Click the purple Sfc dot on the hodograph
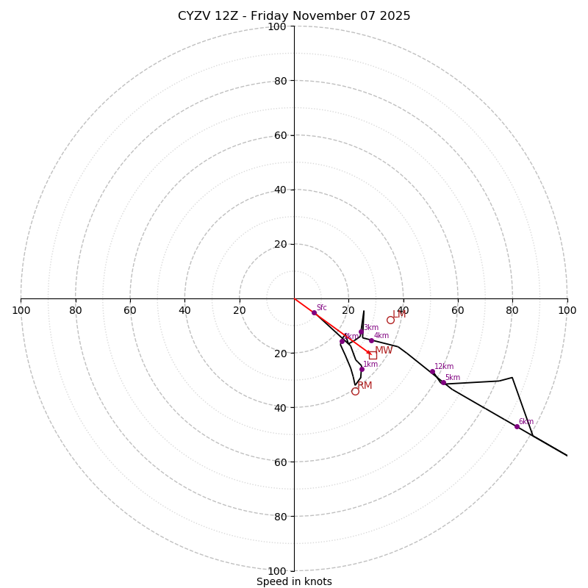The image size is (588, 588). click(314, 312)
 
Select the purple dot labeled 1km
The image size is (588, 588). click(362, 369)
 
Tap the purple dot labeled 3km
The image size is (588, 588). click(361, 332)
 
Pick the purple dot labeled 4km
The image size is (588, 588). click(371, 340)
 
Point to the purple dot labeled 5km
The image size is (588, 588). click(443, 382)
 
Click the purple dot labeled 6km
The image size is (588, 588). click(517, 426)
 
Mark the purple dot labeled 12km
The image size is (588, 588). click(432, 372)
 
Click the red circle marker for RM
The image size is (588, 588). click(355, 391)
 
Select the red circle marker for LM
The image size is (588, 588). click(390, 320)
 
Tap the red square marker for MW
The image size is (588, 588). click(373, 355)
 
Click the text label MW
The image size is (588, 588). click(384, 351)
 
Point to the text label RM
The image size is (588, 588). click(365, 386)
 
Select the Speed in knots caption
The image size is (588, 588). click(294, 581)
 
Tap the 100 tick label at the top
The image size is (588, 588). click(277, 26)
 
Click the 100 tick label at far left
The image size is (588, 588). click(21, 310)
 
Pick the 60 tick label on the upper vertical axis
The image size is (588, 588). click(280, 135)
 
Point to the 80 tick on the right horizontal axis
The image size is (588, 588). click(512, 310)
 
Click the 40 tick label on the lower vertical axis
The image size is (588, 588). click(280, 407)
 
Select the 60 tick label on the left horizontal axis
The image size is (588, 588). click(130, 310)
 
